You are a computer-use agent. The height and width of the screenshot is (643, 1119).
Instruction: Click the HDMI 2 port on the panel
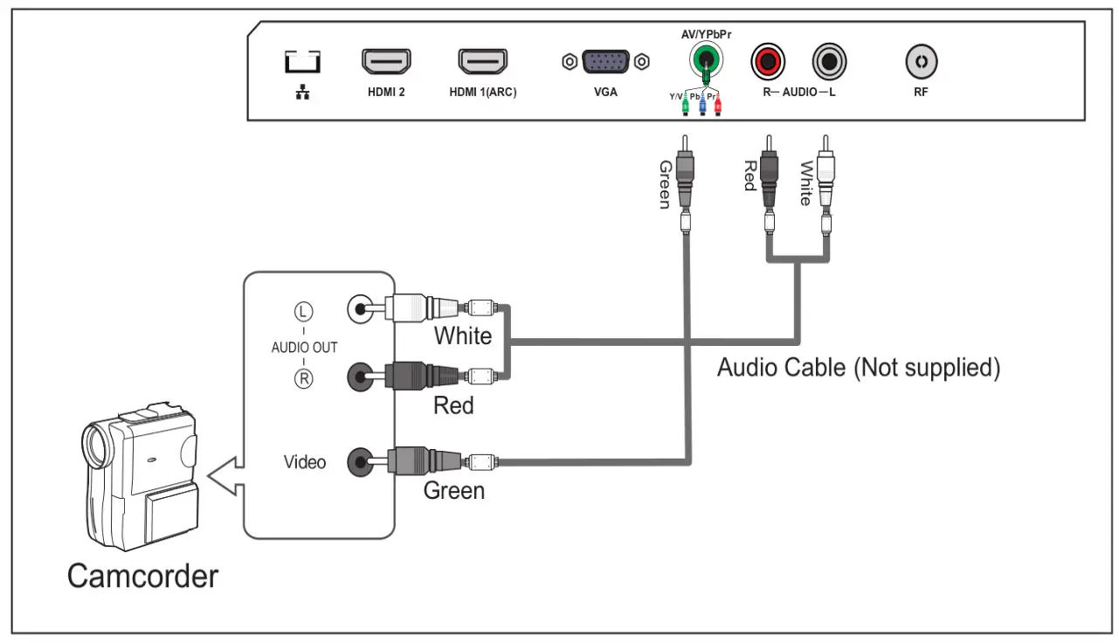coord(386,61)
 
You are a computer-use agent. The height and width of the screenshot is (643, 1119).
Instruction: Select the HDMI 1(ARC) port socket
coord(482,61)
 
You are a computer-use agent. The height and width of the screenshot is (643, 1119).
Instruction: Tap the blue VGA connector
coord(605,61)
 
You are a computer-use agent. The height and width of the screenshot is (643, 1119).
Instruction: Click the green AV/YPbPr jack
coord(705,59)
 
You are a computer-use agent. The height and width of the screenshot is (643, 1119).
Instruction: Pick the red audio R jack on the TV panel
coord(768,61)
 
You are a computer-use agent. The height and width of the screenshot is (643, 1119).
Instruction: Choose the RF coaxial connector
coord(922,61)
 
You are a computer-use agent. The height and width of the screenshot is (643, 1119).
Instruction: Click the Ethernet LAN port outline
coord(302,61)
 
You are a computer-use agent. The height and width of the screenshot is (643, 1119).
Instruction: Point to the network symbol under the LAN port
coord(302,92)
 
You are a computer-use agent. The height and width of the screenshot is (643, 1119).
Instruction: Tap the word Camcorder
coord(143,576)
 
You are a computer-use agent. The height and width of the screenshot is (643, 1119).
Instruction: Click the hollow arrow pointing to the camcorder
coord(225,475)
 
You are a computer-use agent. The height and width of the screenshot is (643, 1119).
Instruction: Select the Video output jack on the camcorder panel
coord(360,462)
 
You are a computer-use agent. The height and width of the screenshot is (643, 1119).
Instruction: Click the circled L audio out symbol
coord(303,311)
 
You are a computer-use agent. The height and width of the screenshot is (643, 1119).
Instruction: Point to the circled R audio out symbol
coord(303,378)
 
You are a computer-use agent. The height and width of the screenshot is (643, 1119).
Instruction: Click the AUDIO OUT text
coord(304,347)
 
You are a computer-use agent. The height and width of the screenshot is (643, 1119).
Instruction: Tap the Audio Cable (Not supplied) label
coord(859,368)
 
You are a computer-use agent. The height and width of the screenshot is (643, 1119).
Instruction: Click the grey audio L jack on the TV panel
coord(829,61)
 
